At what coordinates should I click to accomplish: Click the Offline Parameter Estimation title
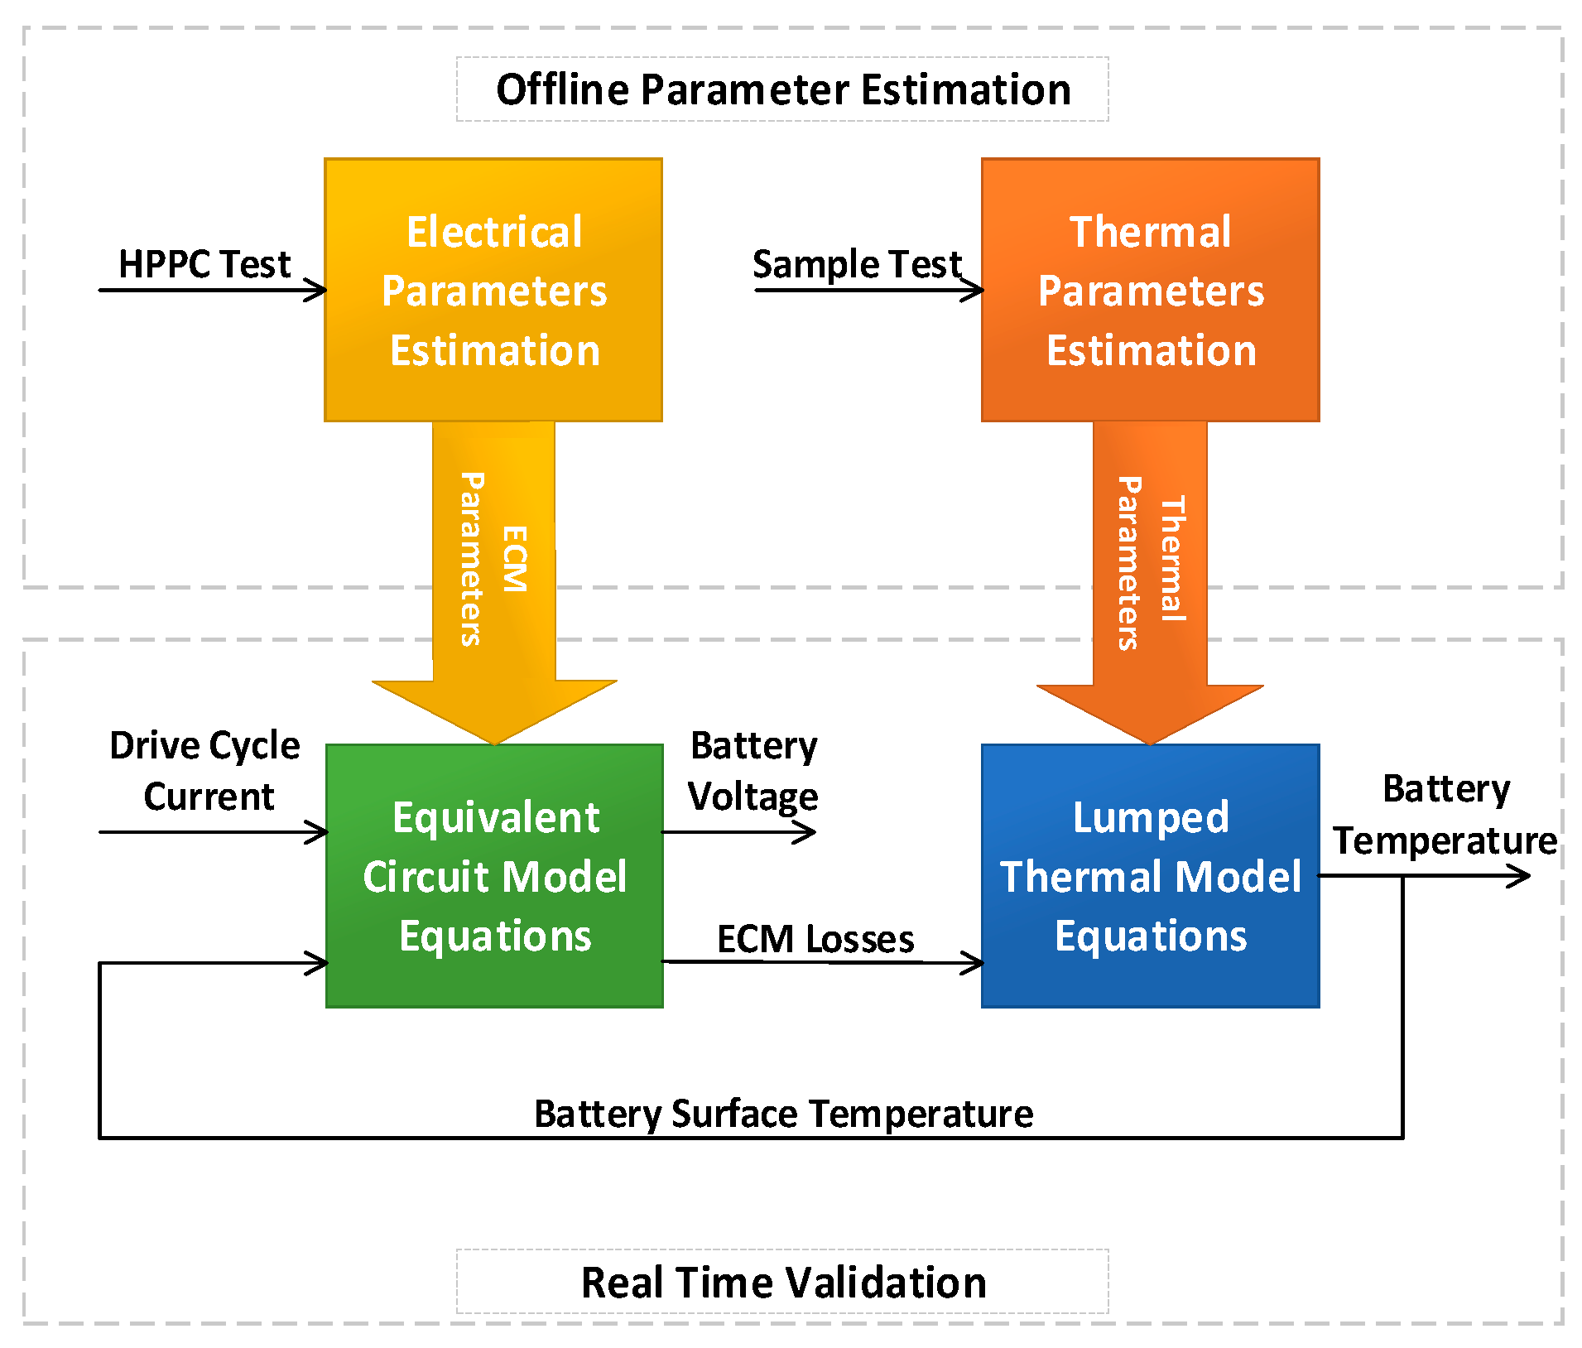click(x=782, y=89)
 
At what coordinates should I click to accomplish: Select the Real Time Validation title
click(x=782, y=1282)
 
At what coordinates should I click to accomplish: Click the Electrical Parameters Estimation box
click(x=493, y=290)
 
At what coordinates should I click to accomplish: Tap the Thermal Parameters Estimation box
click(x=1150, y=290)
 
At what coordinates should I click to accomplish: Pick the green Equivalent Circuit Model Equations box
click(x=494, y=876)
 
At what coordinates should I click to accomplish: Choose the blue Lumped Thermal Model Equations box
click(x=1150, y=876)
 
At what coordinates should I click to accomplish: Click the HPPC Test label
click(x=204, y=264)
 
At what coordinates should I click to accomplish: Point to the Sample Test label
click(x=856, y=264)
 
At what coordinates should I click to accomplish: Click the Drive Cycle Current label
click(x=205, y=770)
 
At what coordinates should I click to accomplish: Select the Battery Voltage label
click(x=753, y=770)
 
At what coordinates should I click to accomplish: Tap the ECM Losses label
click(x=815, y=939)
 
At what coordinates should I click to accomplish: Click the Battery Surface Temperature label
click(x=783, y=1113)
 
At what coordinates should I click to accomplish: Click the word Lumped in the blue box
click(x=1150, y=817)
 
